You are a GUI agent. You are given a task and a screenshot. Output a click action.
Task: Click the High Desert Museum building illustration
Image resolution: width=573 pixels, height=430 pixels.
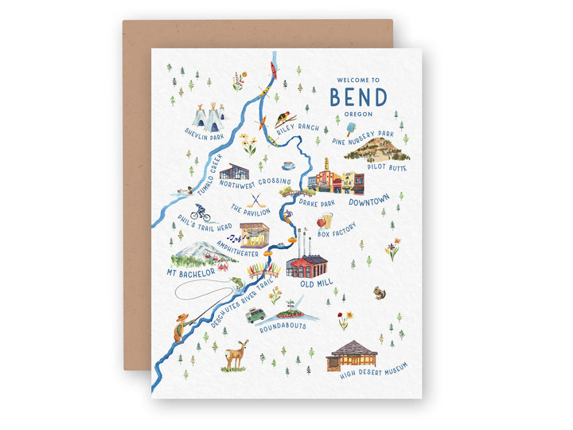point(353,354)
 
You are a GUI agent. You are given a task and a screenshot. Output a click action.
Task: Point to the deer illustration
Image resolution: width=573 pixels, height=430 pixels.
point(236,354)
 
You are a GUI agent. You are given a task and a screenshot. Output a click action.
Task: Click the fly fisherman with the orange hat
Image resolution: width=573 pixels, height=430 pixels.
point(183,326)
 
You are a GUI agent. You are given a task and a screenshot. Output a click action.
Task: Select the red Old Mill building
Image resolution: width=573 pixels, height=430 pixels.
point(306,265)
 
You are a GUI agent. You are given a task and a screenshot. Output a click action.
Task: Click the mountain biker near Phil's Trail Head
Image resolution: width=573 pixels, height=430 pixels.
point(200,213)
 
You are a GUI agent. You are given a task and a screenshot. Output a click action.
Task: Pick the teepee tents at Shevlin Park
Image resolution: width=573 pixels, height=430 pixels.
point(209,118)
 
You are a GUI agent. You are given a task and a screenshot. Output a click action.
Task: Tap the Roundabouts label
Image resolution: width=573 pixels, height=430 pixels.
point(283,326)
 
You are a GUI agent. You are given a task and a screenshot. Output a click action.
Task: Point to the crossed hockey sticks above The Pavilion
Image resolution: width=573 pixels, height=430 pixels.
point(257,201)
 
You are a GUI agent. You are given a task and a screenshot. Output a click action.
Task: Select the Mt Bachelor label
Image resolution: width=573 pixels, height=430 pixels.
point(191,272)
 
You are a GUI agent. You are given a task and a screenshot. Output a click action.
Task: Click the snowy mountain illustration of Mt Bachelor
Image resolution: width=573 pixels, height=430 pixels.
point(193,253)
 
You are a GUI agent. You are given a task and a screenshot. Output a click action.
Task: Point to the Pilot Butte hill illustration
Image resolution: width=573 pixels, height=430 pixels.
point(377,148)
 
